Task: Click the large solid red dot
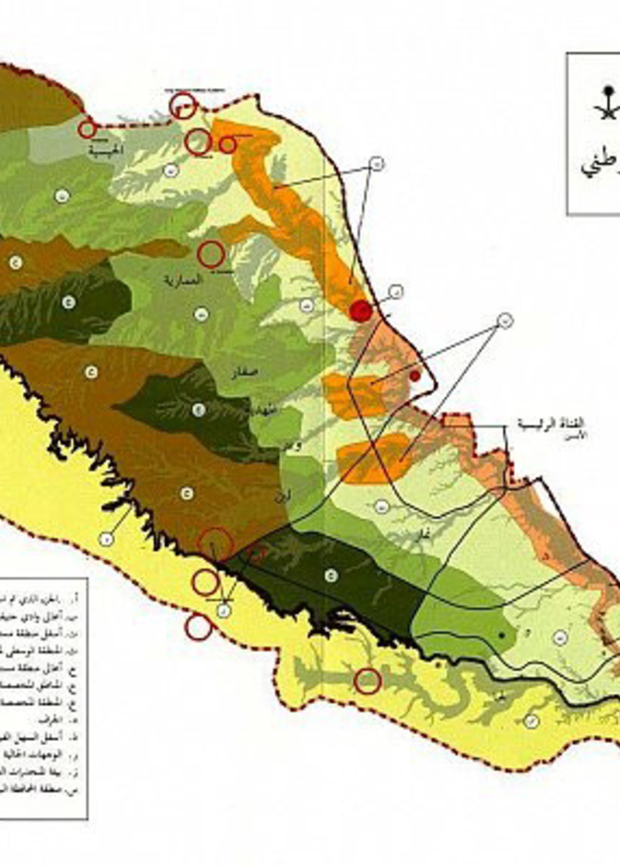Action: coord(361,310)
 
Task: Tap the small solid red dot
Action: coord(415,375)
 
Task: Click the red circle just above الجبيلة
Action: coord(88,130)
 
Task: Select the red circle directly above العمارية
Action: coord(212,252)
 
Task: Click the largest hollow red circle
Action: coord(216,544)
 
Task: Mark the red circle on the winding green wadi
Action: coord(368,681)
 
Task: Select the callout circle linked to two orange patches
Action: coord(506,321)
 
